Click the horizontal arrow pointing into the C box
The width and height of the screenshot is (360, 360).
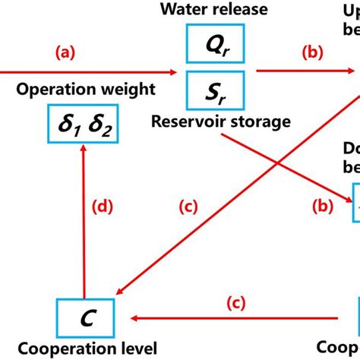click(x=228, y=316)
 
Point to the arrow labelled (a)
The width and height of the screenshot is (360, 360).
click(x=91, y=71)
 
